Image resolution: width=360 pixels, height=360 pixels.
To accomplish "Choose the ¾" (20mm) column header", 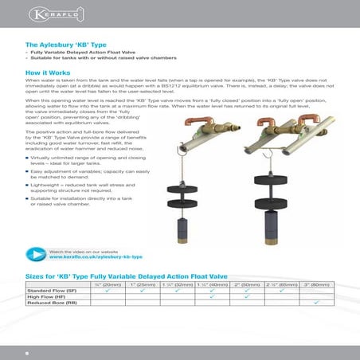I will tap(106, 284).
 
